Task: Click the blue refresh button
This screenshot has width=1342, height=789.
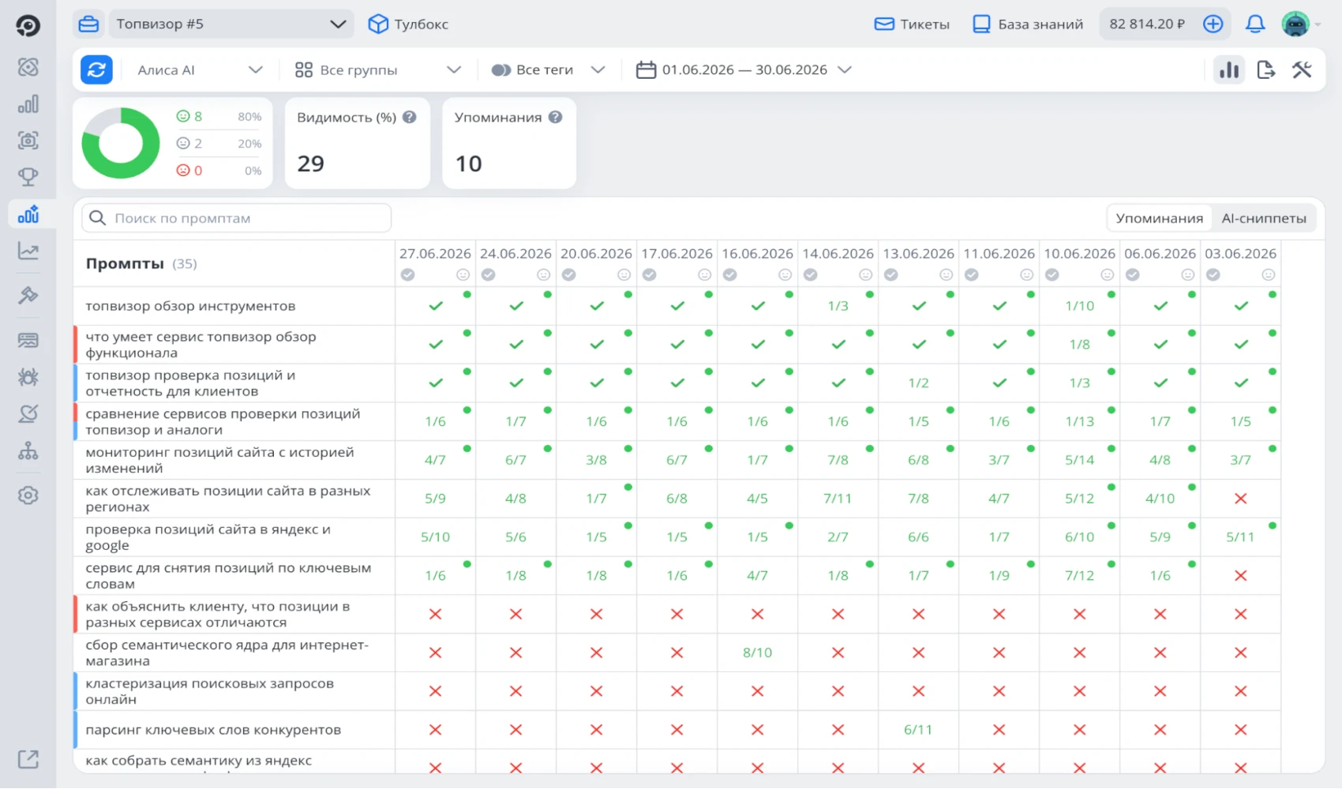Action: [x=96, y=70]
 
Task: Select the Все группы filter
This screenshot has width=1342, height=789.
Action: [x=378, y=70]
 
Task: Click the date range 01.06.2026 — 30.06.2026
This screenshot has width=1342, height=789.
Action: [x=744, y=70]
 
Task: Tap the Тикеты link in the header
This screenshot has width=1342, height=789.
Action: [x=912, y=24]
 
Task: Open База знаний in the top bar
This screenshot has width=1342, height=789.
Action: [x=1028, y=24]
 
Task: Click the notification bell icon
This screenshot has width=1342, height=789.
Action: [x=1254, y=24]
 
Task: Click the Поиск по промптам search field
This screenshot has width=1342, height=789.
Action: [x=237, y=218]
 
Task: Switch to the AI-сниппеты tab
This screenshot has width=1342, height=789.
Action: [x=1264, y=218]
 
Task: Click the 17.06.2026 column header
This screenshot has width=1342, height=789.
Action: [x=677, y=254]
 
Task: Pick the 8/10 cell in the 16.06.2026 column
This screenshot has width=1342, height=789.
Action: [x=757, y=653]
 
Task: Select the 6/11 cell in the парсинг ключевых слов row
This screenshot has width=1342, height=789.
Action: [x=918, y=730]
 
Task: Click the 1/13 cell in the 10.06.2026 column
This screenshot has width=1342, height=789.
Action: [x=1080, y=421]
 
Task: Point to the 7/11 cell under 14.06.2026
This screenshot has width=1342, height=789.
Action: [x=838, y=499]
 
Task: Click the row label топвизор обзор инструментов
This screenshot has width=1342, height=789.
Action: [x=190, y=306]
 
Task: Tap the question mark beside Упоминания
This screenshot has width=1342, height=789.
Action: [x=556, y=118]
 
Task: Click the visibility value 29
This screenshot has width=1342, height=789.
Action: [x=310, y=163]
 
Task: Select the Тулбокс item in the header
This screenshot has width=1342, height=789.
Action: [x=409, y=24]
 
